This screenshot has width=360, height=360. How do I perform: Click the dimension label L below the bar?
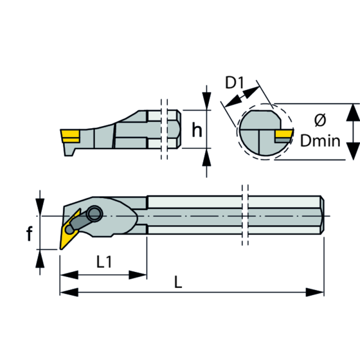click(178, 282)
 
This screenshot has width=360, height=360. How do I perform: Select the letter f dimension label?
click(29, 234)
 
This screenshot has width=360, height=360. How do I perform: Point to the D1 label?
click(234, 83)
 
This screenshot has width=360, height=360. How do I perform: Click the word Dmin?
click(320, 141)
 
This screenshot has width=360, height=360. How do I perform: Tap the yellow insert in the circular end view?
click(283, 135)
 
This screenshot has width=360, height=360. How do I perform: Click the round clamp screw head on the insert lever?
click(94, 211)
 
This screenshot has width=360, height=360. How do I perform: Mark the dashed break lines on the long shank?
click(245, 215)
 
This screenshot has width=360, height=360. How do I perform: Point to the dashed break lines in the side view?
click(164, 129)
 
